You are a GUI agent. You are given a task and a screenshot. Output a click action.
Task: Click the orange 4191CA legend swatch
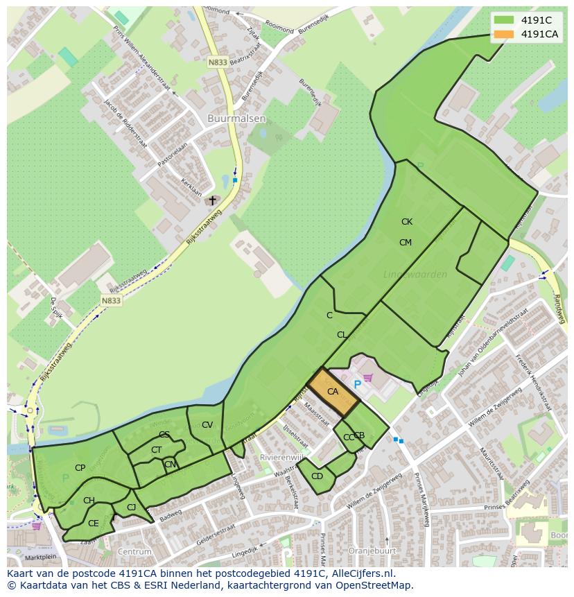504,34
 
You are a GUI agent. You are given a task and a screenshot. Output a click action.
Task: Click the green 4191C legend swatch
504,20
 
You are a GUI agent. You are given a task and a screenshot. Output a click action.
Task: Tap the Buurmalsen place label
236,119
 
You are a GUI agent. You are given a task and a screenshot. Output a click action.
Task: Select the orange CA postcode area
333,392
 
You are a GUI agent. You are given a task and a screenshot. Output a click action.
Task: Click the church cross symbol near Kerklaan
213,200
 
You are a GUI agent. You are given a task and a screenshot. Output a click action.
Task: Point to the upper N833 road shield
217,62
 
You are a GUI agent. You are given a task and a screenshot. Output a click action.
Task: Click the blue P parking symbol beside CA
358,384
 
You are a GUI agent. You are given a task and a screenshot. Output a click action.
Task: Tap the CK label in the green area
407,222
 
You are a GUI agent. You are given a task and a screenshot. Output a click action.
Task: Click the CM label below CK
406,242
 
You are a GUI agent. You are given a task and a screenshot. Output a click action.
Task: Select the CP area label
80,468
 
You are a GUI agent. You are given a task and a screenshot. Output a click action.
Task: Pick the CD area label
317,476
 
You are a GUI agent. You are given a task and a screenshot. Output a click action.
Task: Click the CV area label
207,425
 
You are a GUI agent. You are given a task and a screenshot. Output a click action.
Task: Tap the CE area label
94,524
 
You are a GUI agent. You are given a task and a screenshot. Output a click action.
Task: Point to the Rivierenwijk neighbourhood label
281,458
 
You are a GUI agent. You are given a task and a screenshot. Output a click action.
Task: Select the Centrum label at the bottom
134,551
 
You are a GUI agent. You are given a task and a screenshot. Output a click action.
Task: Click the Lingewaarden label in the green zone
415,275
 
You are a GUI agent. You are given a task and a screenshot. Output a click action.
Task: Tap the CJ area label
132,508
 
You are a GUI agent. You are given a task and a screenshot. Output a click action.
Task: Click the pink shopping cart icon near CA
368,378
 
